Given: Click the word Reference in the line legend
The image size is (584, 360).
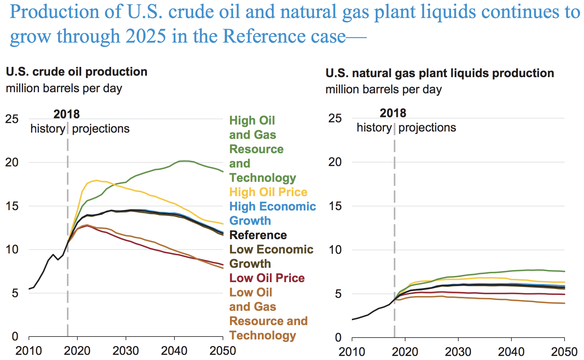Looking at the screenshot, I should [x=258, y=235].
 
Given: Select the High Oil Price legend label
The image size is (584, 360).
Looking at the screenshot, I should [x=268, y=192].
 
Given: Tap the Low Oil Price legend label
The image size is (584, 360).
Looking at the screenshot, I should [x=267, y=278].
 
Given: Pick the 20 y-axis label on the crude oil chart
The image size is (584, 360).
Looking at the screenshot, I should [x=12, y=162].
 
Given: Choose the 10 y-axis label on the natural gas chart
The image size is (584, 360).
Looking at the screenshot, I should [x=335, y=250].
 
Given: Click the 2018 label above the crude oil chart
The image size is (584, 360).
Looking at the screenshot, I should [x=66, y=114].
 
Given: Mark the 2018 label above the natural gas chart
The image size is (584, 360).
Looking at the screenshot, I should [x=393, y=113].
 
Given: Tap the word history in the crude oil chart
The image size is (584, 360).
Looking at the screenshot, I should [x=48, y=129].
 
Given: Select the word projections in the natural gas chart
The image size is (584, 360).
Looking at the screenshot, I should [x=427, y=127].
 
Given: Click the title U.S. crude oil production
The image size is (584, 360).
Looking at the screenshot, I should [x=77, y=72].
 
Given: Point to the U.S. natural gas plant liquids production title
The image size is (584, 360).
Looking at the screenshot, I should [x=440, y=73].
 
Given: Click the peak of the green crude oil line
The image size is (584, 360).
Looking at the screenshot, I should [x=184, y=161].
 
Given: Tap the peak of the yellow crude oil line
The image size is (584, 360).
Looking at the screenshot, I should [x=97, y=180].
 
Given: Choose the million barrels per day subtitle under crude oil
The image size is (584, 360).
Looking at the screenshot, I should [x=64, y=89].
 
